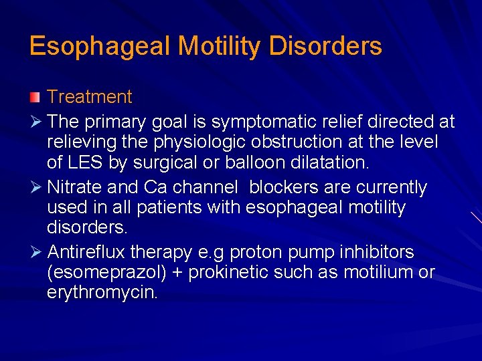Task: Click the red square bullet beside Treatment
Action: pos(35,98)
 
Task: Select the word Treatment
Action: pos(90,98)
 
